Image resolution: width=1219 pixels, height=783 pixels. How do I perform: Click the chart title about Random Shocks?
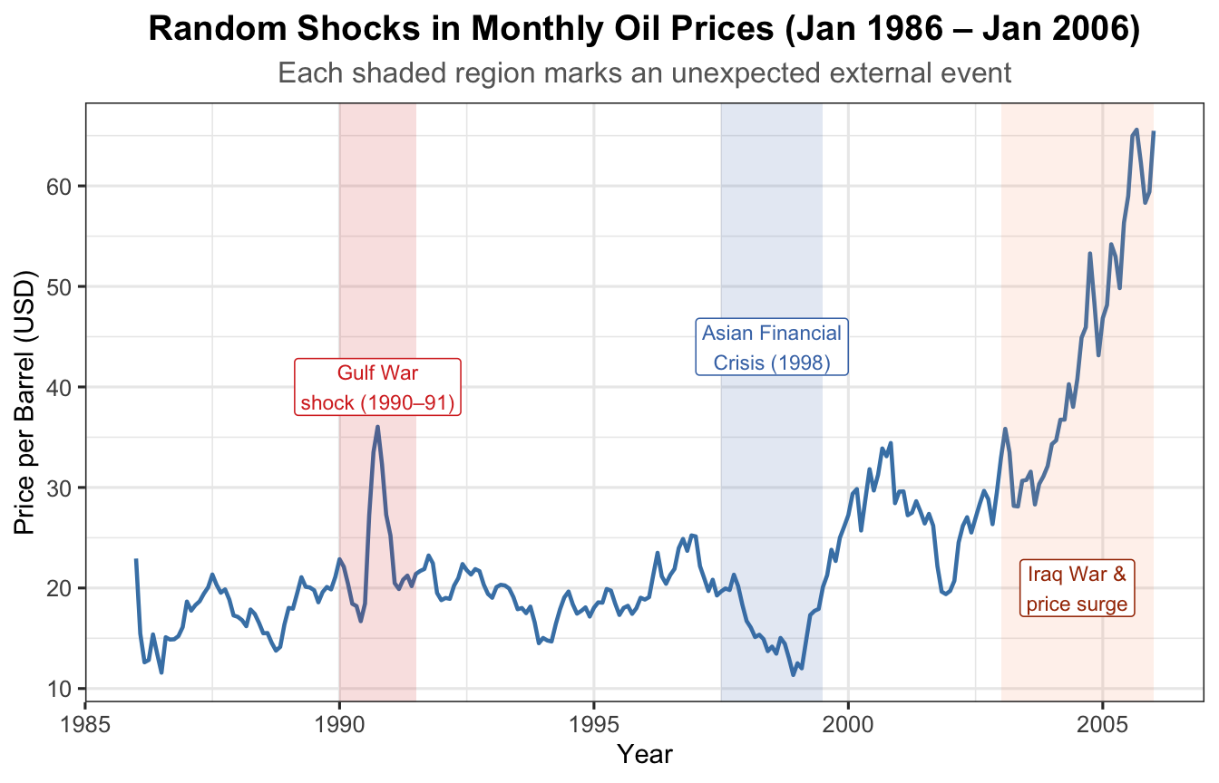[644, 30]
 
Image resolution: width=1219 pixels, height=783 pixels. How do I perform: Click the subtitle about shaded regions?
[644, 72]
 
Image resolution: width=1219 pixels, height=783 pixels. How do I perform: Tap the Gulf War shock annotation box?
[377, 387]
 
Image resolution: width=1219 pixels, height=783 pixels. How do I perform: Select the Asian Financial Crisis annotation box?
[772, 348]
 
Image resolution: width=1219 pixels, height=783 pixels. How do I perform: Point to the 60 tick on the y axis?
[61, 187]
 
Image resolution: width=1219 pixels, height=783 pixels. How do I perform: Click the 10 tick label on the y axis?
[61, 689]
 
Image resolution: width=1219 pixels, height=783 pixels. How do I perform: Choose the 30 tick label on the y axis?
[61, 488]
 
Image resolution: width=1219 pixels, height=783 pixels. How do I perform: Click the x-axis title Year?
[644, 754]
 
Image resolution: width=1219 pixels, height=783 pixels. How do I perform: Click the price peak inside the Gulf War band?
[377, 427]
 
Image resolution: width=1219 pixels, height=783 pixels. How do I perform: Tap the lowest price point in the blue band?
[793, 675]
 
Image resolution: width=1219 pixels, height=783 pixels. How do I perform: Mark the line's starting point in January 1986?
[136, 560]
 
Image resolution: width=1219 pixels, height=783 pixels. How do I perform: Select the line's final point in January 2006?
[1153, 132]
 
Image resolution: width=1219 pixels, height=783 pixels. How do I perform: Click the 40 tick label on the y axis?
[61, 387]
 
